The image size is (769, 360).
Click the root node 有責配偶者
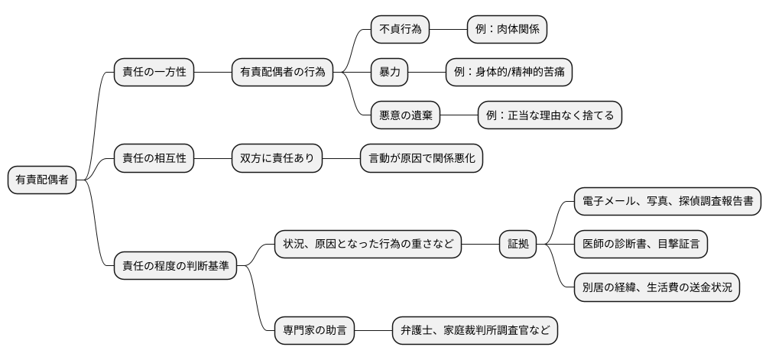click(x=43, y=180)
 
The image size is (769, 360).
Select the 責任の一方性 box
click(x=154, y=72)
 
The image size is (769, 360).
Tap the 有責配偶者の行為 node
click(x=282, y=72)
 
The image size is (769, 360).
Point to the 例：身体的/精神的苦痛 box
click(x=508, y=72)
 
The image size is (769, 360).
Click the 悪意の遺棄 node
click(x=405, y=115)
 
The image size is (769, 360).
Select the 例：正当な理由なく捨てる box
click(x=550, y=115)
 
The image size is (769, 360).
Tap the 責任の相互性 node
click(x=154, y=158)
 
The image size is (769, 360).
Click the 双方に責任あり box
click(x=277, y=158)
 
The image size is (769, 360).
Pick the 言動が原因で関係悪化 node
click(x=421, y=158)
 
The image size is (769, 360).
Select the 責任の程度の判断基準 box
click(x=175, y=267)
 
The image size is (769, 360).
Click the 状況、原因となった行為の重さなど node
click(x=368, y=245)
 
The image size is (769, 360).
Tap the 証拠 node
click(x=518, y=245)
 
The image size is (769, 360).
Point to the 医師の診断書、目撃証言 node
click(x=641, y=245)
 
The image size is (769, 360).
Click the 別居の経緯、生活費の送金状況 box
click(x=657, y=288)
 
